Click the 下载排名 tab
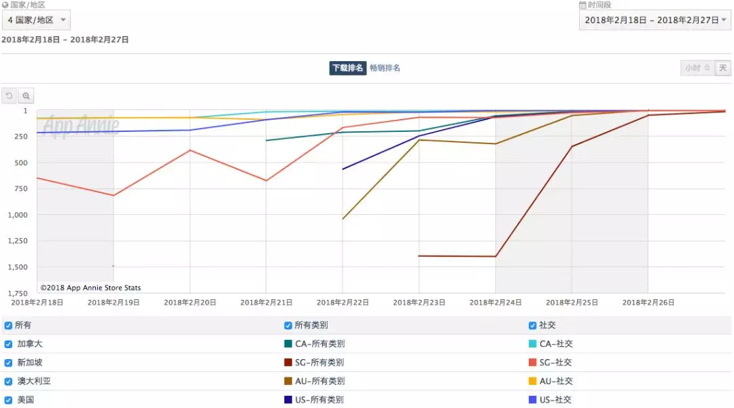point(348,68)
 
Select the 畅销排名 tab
point(385,68)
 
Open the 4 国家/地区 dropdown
point(35,20)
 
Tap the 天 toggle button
point(722,68)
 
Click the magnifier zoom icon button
point(26,96)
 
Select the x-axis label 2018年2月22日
point(343,303)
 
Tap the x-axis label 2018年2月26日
point(648,303)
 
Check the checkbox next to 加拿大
point(9,344)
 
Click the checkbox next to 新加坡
point(9,362)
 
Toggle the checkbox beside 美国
point(9,400)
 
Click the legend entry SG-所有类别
point(319,362)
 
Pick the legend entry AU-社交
point(555,381)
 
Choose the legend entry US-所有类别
point(319,400)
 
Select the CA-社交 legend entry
point(555,344)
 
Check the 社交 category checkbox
point(533,326)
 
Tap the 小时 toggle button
point(697,68)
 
